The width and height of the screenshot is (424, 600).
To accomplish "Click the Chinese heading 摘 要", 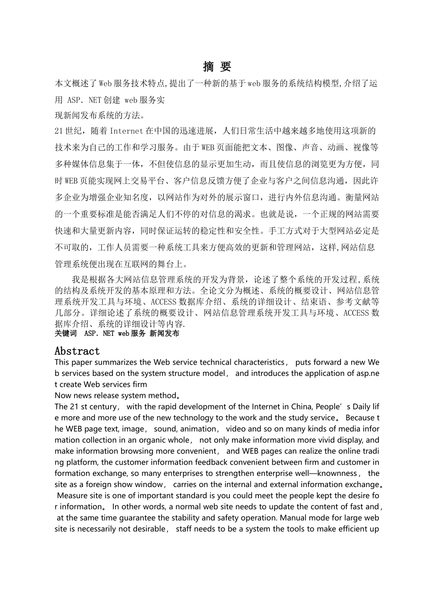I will tap(217, 67).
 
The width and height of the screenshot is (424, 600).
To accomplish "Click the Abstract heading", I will tap(77, 351).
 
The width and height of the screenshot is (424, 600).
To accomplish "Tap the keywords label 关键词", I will tap(66, 333).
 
